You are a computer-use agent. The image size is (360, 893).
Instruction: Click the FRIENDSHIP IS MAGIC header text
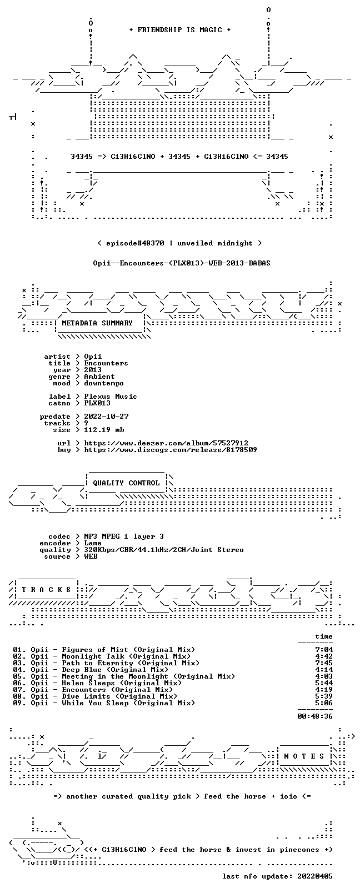[180, 30]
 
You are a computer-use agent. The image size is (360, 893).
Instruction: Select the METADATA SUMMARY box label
[97, 323]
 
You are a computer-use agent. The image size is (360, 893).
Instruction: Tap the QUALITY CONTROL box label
[126, 483]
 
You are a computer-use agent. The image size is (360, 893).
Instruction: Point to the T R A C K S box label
[47, 590]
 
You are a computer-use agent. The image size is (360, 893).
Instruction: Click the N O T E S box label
[304, 756]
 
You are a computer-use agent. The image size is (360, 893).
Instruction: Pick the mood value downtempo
[104, 383]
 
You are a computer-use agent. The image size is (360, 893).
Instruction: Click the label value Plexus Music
[111, 397]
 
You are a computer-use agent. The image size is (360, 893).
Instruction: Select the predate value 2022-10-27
[107, 416]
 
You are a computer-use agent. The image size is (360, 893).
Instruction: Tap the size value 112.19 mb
[104, 430]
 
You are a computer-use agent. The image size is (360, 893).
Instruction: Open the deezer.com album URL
[166, 443]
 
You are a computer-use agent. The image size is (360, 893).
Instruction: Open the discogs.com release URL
[170, 450]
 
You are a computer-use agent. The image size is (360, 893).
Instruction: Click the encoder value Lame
[92, 543]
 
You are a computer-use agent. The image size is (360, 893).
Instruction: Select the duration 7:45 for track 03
[324, 663]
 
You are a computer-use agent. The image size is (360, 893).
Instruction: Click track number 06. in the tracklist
[19, 683]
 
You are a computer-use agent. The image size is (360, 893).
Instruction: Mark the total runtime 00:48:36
[315, 716]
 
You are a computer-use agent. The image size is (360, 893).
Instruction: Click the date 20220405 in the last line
[315, 876]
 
